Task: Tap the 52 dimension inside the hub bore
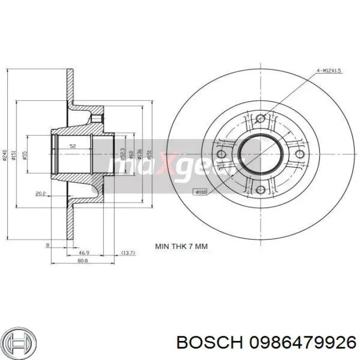pos(73,147)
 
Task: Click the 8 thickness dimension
pos(47,246)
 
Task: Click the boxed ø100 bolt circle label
pos(200,192)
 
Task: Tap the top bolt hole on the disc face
pos(260,119)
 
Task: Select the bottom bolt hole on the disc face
pos(260,190)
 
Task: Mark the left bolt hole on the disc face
pos(222,154)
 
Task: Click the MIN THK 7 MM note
pos(182,246)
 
